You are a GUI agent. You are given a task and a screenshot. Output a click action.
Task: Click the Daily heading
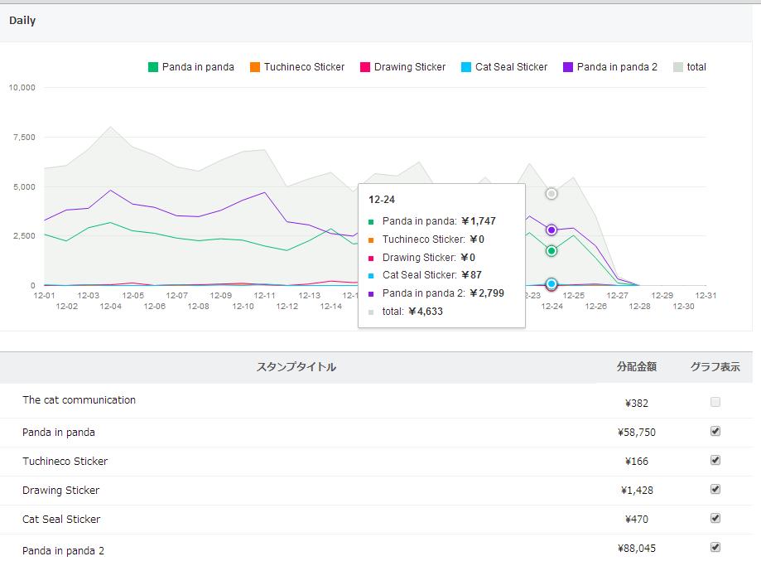click(22, 21)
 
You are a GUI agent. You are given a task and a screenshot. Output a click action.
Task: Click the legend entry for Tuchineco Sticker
click(297, 67)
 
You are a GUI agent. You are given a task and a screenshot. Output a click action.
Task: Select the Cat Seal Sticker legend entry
click(504, 67)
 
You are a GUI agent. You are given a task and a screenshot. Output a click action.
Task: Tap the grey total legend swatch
click(678, 67)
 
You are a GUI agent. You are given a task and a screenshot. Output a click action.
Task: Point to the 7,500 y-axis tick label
click(24, 138)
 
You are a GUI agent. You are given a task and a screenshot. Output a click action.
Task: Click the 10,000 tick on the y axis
click(22, 88)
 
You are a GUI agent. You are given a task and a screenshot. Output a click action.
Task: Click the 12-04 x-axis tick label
click(111, 306)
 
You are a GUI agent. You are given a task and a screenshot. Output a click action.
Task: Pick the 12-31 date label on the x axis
click(706, 295)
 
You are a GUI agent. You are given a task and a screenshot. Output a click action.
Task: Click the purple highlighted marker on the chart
click(551, 230)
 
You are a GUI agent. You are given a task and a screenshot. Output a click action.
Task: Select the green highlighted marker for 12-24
click(551, 251)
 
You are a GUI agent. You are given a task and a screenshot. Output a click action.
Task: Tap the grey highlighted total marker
click(551, 194)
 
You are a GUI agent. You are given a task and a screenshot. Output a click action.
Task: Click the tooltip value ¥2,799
click(487, 293)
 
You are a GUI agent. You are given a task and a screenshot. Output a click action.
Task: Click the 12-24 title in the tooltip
click(382, 200)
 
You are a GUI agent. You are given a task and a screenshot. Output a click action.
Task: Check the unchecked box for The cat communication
click(715, 402)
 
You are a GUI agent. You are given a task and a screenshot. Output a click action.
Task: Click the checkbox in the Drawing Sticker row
click(715, 489)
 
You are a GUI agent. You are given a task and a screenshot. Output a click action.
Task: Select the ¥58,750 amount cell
click(637, 433)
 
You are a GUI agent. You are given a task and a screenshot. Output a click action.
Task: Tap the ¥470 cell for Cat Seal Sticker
click(637, 520)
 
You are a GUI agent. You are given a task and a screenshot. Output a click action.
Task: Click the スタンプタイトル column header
click(296, 367)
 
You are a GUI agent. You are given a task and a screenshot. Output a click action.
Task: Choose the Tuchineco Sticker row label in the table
click(65, 461)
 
